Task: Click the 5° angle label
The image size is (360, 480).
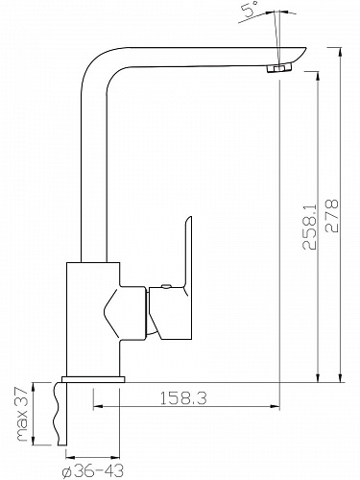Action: tap(252, 9)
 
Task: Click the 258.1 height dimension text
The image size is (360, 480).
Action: tap(309, 227)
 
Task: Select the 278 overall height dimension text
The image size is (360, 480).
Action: tap(331, 215)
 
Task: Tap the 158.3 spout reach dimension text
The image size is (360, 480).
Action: tap(183, 398)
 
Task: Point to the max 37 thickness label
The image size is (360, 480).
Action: tap(23, 414)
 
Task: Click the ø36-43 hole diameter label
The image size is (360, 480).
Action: tap(93, 471)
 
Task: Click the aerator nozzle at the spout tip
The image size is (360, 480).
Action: tap(278, 68)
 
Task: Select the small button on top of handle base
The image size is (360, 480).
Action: tap(166, 286)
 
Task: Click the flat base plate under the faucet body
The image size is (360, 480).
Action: tap(93, 379)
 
